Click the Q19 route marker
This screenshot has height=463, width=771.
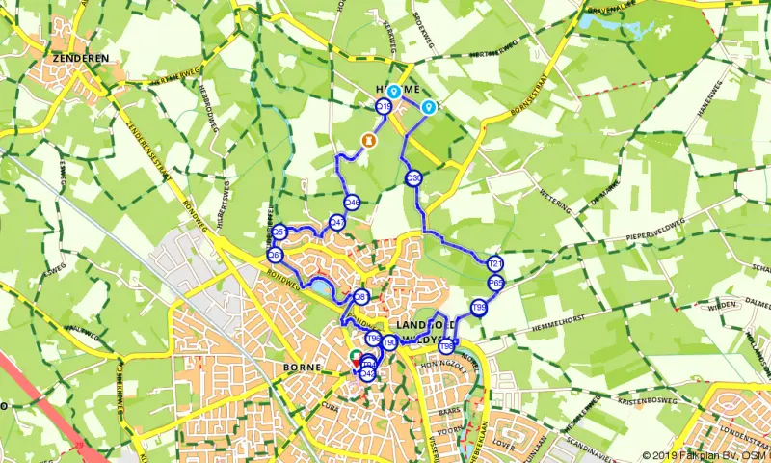[x=384, y=107]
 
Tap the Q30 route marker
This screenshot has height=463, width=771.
[x=413, y=178]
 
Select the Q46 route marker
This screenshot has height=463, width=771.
[x=352, y=203]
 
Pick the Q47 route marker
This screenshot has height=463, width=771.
[x=337, y=222]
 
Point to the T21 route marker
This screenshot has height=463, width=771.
[x=496, y=263]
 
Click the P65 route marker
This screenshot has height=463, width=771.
[x=495, y=283]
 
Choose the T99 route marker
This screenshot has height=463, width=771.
[x=478, y=308]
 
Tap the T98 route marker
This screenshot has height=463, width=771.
[x=447, y=344]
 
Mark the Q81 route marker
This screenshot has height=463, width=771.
[x=361, y=297]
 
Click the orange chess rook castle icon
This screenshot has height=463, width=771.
[x=367, y=141]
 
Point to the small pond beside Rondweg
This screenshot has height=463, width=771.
[x=317, y=287]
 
